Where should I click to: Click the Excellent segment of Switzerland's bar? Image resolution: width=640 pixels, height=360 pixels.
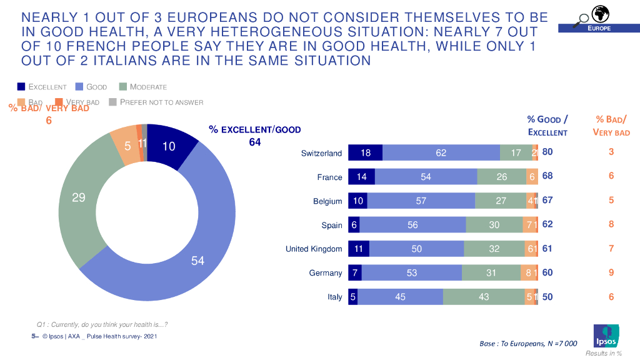coord(365,152)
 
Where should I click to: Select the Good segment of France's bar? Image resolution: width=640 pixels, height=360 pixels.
coord(426,177)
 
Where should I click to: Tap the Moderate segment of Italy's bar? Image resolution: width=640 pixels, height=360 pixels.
coord(484,297)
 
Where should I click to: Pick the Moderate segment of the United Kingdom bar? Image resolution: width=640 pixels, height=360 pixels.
coord(494,249)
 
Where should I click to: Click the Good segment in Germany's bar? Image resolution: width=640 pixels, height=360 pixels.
coord(411,272)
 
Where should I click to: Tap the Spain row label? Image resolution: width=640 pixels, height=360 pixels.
coord(332,225)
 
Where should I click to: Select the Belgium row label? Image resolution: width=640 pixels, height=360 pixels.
coord(327,201)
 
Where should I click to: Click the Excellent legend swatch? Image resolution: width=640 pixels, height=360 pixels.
coord(21,87)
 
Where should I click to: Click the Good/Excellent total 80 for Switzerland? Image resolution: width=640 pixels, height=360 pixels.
coord(547,152)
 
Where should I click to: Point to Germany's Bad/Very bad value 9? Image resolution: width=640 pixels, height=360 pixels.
coord(611,272)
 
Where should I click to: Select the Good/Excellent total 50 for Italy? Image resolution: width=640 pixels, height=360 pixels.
coord(547,297)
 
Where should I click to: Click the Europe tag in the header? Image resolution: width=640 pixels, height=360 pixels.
coord(598,29)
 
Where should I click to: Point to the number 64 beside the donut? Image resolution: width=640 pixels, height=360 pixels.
coord(255,142)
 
